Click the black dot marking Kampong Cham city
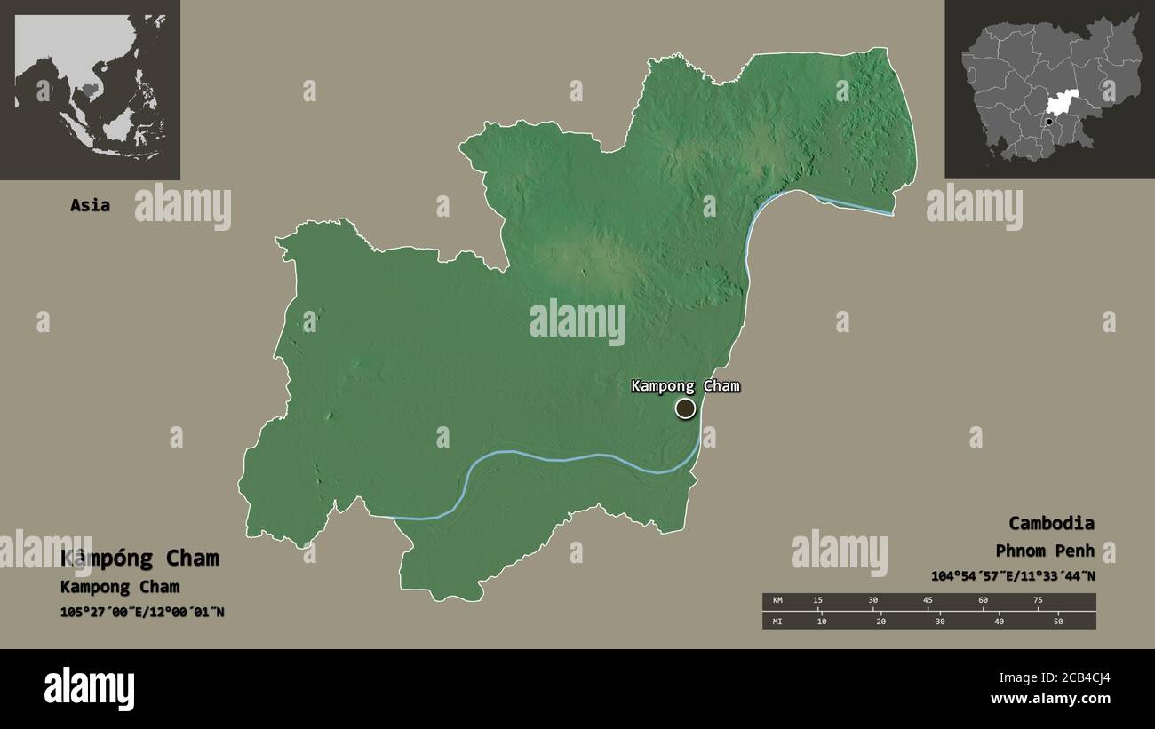point(685,408)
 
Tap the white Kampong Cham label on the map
point(685,386)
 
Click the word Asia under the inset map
point(91,205)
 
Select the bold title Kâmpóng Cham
point(139,559)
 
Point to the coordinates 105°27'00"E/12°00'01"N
point(142,612)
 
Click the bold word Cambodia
point(1051,523)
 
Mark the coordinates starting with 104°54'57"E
point(1013,576)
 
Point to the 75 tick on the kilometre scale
point(1037,601)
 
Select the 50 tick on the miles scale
point(1058,621)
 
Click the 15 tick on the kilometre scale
point(818,601)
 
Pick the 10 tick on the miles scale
point(822,621)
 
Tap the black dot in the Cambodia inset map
point(1049,122)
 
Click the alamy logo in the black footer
point(90,689)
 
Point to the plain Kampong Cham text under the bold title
point(120,587)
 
